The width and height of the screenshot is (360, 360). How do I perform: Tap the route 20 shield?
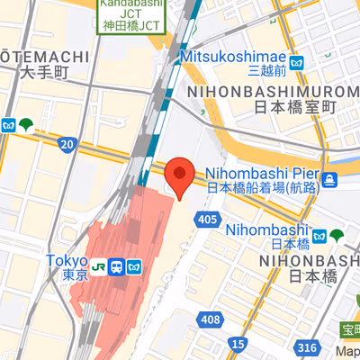pyautogui.click(x=67, y=144)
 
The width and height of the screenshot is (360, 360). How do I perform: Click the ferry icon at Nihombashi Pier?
pyautogui.click(x=331, y=180)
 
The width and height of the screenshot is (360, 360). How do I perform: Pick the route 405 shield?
pyautogui.click(x=208, y=220)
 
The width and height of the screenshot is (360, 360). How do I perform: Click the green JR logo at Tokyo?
pyautogui.click(x=118, y=267)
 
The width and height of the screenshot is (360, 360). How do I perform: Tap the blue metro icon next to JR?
pyautogui.click(x=136, y=267)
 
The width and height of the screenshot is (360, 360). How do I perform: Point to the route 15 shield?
pyautogui.click(x=238, y=344)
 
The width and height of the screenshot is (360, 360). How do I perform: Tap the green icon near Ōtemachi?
pyautogui.click(x=29, y=125)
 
